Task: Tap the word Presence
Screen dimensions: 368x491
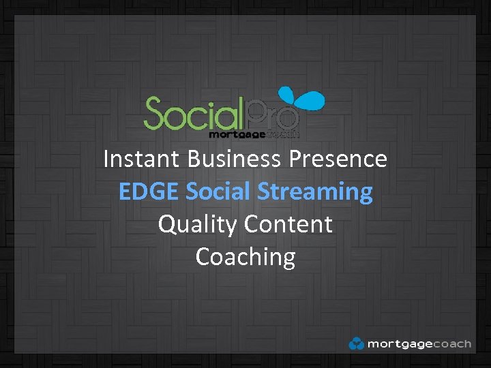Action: coord(338,159)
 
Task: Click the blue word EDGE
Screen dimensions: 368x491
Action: coord(149,191)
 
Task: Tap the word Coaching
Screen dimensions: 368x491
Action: coord(245,258)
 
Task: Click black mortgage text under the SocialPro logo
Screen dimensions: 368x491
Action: coord(234,134)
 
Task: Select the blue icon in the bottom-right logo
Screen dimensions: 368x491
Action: coord(356,343)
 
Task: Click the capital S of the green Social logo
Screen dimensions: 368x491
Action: coord(155,114)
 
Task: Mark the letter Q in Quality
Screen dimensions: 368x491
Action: coord(168,224)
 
